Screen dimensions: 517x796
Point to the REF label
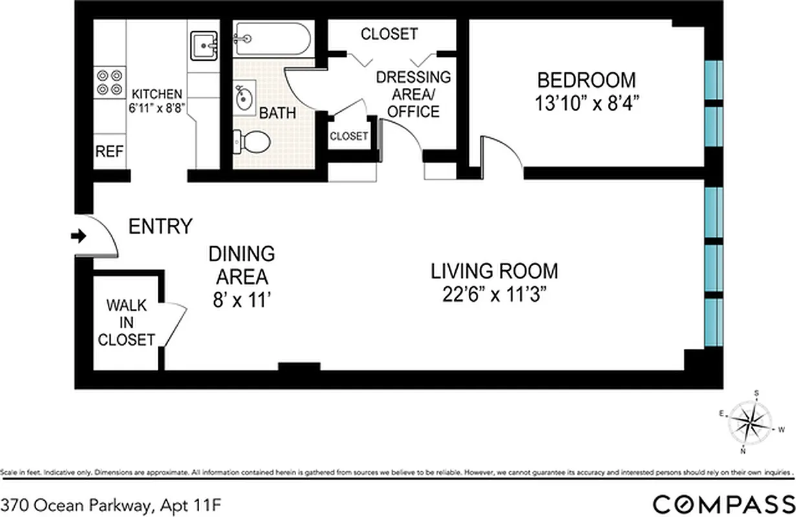109,152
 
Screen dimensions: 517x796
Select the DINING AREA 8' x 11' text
241,277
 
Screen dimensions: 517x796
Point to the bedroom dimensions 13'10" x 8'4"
586,103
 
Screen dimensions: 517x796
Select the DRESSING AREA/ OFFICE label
414,94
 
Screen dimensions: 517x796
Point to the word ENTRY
160,227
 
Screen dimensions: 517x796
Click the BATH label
277,113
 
